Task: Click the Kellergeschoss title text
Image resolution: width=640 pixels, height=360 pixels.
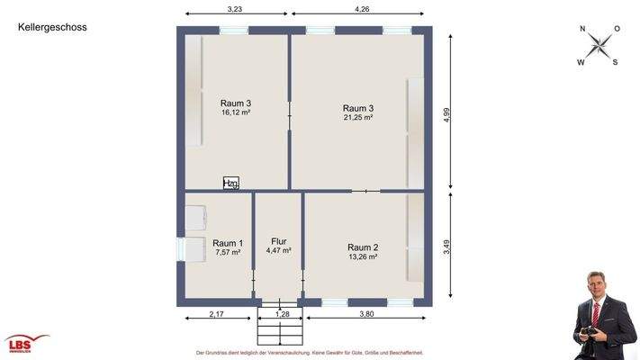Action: point(52,28)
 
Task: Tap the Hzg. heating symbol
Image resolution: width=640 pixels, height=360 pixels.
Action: point(231,184)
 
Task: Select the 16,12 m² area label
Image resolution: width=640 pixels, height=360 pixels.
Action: point(235,113)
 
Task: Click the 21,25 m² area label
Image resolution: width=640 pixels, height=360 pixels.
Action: point(357,118)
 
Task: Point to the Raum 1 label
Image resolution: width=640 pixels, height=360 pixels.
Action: point(228,243)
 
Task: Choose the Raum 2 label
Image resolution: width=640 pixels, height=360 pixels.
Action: point(363,247)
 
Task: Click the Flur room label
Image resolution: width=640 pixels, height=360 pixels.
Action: point(278,241)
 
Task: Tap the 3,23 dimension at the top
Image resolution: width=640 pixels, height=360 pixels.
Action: point(235,8)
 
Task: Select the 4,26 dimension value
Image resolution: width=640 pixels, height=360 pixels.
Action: point(362,8)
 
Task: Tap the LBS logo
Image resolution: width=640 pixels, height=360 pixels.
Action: point(27,343)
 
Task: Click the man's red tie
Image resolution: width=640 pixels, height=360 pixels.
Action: point(596,315)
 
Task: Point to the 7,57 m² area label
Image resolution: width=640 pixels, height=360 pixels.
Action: point(228,253)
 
